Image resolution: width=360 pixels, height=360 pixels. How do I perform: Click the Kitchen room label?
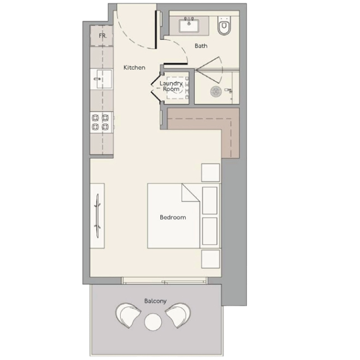[134, 67]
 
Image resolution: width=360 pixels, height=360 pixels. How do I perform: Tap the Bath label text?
[201, 46]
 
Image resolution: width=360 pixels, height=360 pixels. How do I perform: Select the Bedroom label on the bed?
[173, 217]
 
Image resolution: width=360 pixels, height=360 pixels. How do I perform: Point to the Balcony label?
[155, 301]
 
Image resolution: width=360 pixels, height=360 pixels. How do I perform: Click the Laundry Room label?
[171, 86]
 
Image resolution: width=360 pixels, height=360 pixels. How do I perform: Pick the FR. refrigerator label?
[103, 36]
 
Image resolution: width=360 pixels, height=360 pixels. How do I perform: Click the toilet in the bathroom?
[224, 26]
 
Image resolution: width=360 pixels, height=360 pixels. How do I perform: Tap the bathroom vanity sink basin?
[189, 26]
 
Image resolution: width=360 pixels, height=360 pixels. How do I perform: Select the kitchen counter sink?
[104, 79]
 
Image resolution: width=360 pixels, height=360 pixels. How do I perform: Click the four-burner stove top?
[101, 122]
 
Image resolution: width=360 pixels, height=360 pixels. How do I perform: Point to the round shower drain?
[216, 91]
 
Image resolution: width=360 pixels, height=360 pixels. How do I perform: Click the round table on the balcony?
[153, 322]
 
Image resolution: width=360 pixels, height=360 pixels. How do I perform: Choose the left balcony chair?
[128, 315]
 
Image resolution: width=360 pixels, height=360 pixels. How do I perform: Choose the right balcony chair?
[178, 315]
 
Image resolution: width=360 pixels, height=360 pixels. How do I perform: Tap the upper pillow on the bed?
[210, 201]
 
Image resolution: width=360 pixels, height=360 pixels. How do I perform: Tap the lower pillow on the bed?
[210, 231]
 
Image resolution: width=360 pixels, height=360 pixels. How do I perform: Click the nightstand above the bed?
[211, 172]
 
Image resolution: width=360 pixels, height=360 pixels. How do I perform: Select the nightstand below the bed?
[211, 259]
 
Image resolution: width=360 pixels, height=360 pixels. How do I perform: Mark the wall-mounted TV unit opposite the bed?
[98, 216]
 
